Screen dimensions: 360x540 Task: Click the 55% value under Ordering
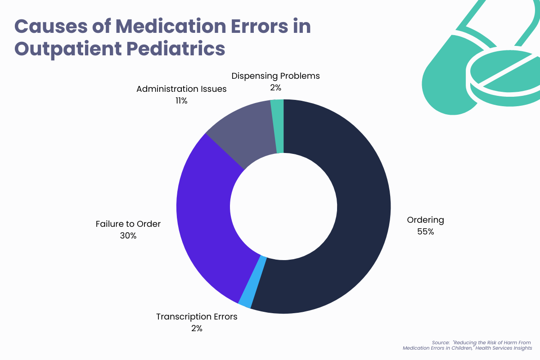point(425,232)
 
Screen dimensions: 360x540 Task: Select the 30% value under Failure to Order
point(128,235)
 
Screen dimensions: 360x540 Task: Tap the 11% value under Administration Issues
point(181,101)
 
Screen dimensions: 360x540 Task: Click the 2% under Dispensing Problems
point(275,88)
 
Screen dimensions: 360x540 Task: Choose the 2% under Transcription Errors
point(197,328)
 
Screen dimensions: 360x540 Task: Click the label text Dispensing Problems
point(275,76)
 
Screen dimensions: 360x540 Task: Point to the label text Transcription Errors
point(197,317)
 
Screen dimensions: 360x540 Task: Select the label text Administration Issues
point(181,89)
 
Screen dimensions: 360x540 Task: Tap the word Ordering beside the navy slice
point(425,220)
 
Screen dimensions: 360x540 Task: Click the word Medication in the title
point(163,27)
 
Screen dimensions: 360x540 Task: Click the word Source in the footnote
point(439,342)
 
